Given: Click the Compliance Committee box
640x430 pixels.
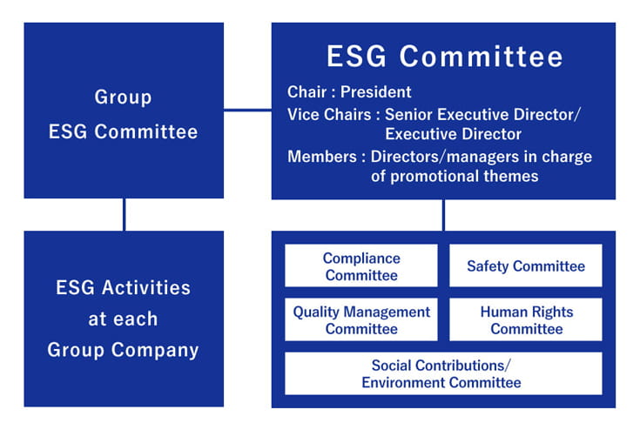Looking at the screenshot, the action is point(361,265).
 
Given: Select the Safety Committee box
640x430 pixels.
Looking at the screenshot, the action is point(526,265).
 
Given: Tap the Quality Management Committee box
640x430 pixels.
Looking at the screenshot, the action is point(361,319).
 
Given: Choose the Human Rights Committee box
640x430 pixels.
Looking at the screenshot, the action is point(526,319).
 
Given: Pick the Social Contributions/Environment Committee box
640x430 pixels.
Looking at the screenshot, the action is point(443,373).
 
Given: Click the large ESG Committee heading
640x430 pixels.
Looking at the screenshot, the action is point(445,56).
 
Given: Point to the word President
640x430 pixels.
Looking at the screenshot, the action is point(376,92).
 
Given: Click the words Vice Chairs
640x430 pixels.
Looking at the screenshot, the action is point(329,115).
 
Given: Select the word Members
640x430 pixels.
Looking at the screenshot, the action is point(322,157).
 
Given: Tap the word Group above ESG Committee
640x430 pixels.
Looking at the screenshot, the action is point(123,97).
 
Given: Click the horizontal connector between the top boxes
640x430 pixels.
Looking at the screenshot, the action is point(247,110).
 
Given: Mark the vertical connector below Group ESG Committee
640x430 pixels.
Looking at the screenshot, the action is point(124,215).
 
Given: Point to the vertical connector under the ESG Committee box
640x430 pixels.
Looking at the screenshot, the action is point(444,215).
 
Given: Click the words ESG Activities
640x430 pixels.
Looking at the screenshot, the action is point(123,287).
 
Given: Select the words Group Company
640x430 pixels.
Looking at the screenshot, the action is point(123,351).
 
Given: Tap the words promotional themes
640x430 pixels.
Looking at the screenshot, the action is point(464,176).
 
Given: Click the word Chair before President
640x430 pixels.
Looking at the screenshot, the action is point(307,92).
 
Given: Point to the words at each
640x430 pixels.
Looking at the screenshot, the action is point(123,319).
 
